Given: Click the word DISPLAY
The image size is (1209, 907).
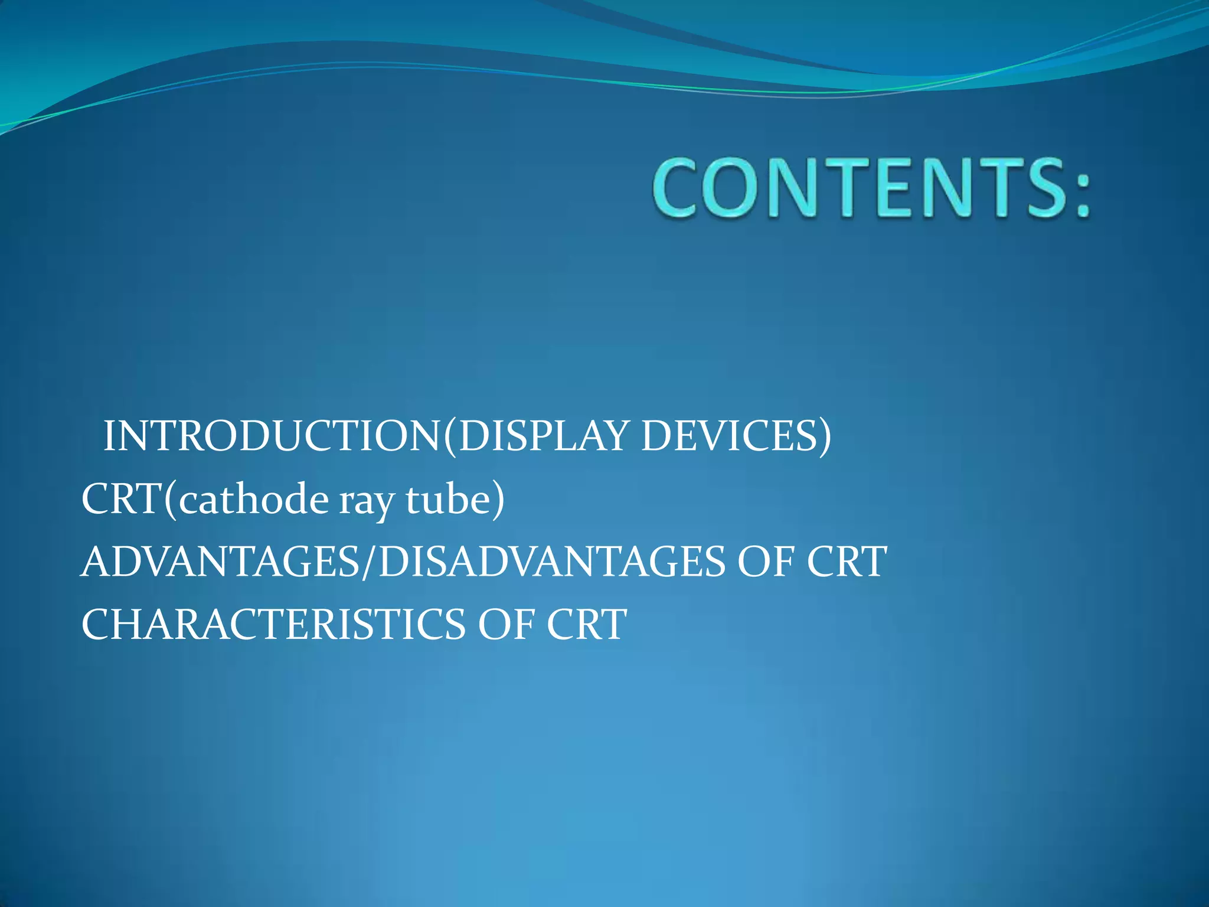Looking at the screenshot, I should pyautogui.click(x=543, y=436).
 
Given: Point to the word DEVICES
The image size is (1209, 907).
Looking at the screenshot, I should pyautogui.click(x=728, y=436).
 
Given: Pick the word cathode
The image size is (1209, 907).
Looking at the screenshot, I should pyautogui.click(x=254, y=500).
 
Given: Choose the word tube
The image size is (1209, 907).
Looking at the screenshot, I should pyautogui.click(x=448, y=500).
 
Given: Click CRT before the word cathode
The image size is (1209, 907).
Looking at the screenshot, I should pyautogui.click(x=122, y=500).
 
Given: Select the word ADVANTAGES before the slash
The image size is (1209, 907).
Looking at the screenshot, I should pyautogui.click(x=220, y=562).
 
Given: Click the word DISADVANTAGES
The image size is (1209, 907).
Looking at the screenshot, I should pyautogui.click(x=551, y=562).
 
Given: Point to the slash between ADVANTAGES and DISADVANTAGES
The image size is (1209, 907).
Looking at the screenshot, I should pyautogui.click(x=368, y=562).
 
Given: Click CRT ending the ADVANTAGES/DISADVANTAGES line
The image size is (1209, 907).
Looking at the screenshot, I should pyautogui.click(x=847, y=562).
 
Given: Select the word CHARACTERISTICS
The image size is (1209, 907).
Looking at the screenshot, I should pyautogui.click(x=273, y=624).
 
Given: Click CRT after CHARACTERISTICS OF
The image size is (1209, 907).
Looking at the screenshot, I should pyautogui.click(x=586, y=624).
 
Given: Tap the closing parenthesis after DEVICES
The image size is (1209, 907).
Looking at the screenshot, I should pyautogui.click(x=824, y=438).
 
